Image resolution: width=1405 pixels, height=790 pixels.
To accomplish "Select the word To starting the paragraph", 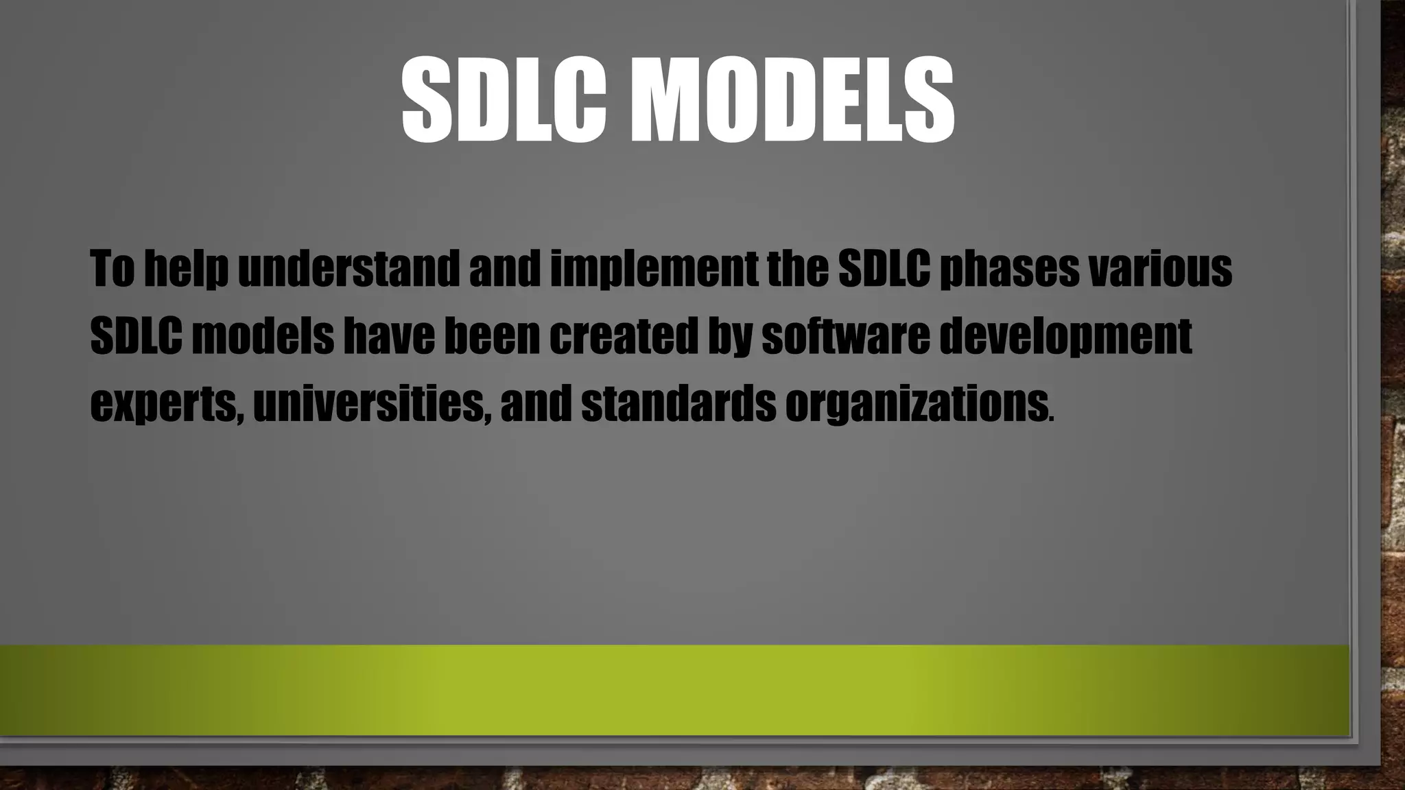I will (112, 268).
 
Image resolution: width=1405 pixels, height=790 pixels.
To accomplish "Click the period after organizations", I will (1052, 418).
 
